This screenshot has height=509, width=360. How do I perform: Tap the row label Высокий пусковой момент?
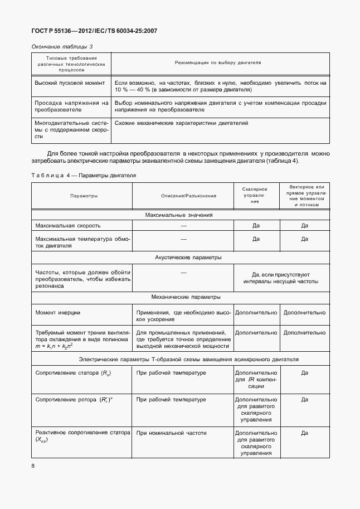70,83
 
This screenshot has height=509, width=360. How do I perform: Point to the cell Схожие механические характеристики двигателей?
181,123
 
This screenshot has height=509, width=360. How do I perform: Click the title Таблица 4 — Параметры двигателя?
84,176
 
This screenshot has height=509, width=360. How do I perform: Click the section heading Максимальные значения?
179,215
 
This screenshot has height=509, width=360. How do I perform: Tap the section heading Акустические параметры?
179,258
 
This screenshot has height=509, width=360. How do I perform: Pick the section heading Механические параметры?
179,297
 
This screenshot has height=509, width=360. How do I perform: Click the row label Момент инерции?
58,313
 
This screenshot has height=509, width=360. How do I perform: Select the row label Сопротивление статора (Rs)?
72,373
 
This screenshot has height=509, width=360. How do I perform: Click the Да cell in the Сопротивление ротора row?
304,400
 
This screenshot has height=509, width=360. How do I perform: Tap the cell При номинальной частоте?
171,433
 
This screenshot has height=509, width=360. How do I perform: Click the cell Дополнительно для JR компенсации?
256,379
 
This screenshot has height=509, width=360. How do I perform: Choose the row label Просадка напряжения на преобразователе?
71,106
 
